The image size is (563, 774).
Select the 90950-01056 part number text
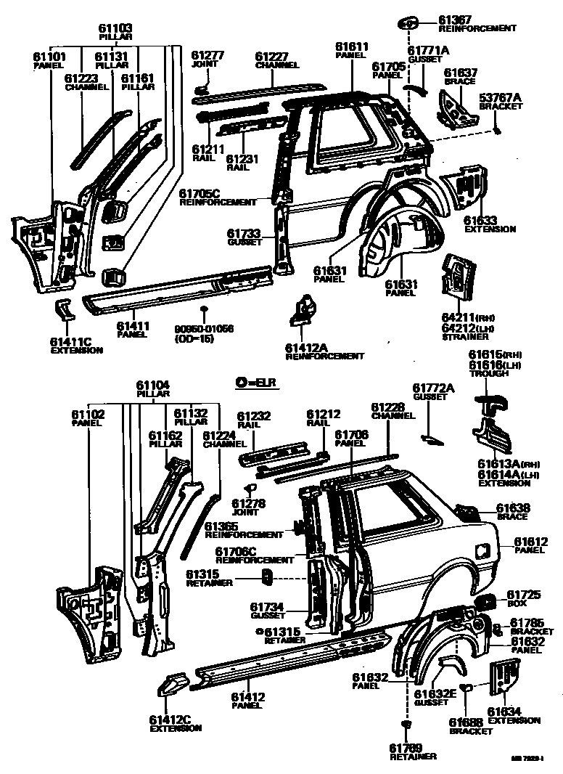click(204, 329)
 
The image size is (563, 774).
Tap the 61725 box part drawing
click(485, 601)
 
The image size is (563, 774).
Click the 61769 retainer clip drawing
click(406, 725)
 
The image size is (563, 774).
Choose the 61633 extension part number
click(480, 220)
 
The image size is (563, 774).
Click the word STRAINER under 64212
click(463, 337)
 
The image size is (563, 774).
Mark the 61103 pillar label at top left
click(115, 29)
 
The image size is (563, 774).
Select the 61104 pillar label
click(153, 386)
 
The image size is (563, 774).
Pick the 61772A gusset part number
click(433, 388)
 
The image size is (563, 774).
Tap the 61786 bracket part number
click(527, 622)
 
